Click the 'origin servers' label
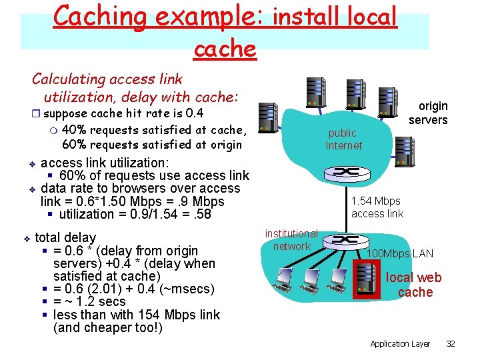coord(428,113)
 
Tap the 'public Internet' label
coord(343,139)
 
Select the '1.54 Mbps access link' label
coord(377,207)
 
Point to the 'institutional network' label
coord(291,240)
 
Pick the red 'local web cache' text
coord(413,285)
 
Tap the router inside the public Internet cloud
coord(345,172)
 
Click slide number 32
coord(450,343)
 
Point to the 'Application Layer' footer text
coord(400,343)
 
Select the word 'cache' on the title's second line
coord(224,49)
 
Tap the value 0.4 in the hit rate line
coord(194,113)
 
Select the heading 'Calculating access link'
coord(107,79)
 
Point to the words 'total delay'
coord(65,237)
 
